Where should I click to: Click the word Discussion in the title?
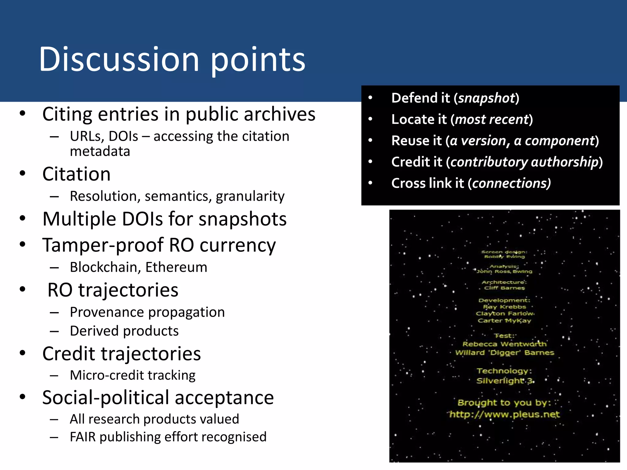pos(119,59)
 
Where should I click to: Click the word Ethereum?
pos(176,267)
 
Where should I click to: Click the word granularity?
pos(250,196)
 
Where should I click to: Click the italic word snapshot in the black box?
pos(487,98)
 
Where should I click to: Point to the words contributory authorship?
pos(524,162)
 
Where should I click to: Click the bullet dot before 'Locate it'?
pos(370,119)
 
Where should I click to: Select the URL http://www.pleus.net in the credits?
pos(505,414)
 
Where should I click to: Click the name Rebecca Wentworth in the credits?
pos(504,344)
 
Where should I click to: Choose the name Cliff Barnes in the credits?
pos(504,288)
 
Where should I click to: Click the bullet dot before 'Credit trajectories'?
pos(22,353)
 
